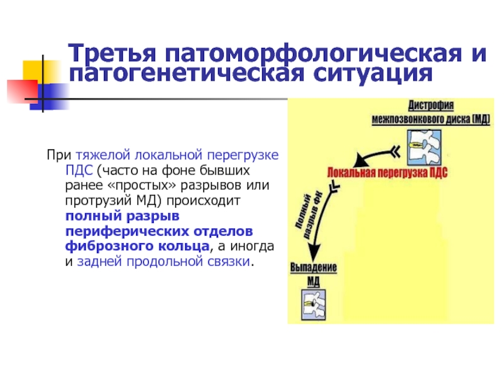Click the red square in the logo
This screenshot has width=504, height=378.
pyautogui.click(x=22, y=91)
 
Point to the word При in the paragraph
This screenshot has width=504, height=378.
pyautogui.click(x=59, y=155)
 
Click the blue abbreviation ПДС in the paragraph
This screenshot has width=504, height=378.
pyautogui.click(x=79, y=170)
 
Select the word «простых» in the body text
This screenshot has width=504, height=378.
pyautogui.click(x=142, y=185)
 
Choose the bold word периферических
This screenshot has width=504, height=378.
pyautogui.click(x=127, y=231)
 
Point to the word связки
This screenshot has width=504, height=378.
pyautogui.click(x=229, y=261)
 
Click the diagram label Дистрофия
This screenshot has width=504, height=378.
pyautogui.click(x=431, y=105)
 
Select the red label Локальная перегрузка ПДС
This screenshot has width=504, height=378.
pyautogui.click(x=387, y=173)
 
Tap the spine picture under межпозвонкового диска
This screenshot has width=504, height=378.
pyautogui.click(x=424, y=148)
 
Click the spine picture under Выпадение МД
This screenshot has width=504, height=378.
pyautogui.click(x=313, y=305)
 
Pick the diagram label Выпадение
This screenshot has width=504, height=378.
pyautogui.click(x=313, y=267)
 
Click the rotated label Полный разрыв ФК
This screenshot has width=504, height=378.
pyautogui.click(x=309, y=215)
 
